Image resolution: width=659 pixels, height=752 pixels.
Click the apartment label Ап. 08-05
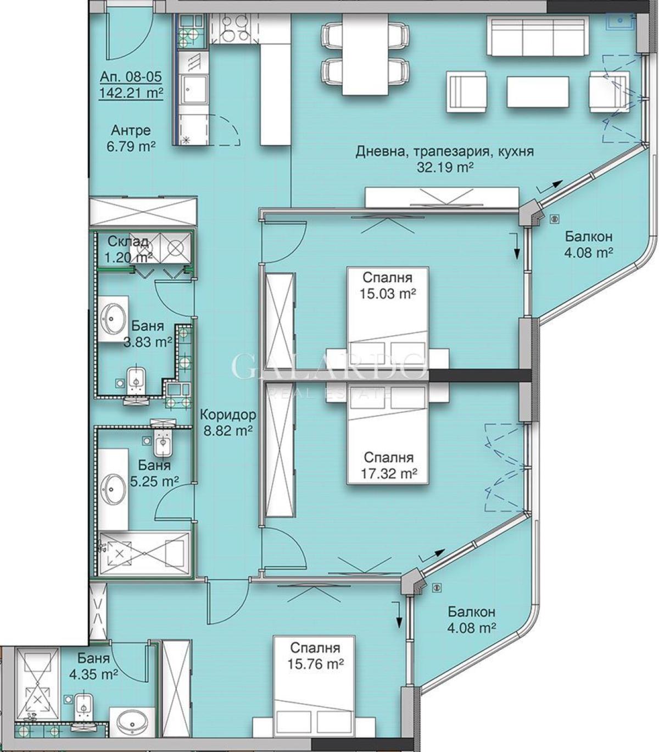coord(131,77)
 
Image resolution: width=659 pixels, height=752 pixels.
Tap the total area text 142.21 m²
coord(131,92)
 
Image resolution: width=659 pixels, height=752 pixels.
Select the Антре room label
coord(131,130)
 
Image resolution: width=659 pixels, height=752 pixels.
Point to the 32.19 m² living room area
coord(445,168)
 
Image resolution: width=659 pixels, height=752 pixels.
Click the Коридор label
coord(228,414)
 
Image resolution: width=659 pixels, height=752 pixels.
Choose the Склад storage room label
coord(128,241)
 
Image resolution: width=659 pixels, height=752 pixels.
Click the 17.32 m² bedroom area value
coord(389,473)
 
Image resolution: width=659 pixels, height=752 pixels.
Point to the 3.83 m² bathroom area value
coord(148,342)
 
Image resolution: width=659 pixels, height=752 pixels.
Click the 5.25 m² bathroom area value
coord(154,481)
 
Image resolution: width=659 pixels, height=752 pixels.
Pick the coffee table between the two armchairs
coord(538,92)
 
